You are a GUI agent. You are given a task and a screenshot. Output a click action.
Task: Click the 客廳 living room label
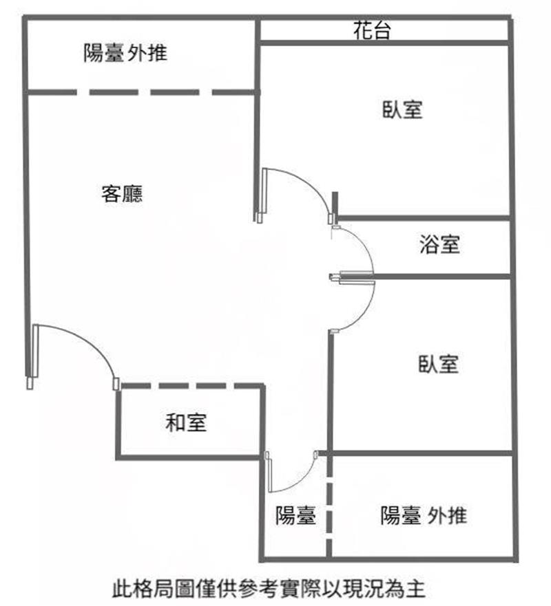(122, 193)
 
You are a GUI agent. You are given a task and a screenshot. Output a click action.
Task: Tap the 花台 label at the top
(372, 30)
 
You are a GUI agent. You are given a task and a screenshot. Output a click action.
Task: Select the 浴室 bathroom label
(440, 244)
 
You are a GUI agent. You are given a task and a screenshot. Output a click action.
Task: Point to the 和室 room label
(186, 422)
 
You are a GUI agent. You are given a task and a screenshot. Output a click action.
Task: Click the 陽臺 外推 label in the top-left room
(125, 52)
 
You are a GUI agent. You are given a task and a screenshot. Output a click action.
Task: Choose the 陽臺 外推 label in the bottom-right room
(424, 515)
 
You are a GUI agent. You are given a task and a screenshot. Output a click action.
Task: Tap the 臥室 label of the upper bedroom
(402, 109)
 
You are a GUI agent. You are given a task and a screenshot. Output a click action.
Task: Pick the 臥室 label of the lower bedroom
(439, 364)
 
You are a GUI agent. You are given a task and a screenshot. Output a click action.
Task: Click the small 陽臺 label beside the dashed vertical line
(295, 515)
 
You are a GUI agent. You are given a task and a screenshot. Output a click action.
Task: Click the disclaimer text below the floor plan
(269, 589)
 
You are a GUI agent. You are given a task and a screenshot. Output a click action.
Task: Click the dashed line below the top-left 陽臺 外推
(142, 92)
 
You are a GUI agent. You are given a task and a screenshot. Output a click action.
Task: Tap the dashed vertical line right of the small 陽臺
(329, 506)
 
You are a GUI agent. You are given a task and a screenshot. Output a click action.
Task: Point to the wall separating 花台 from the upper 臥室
(384, 42)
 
